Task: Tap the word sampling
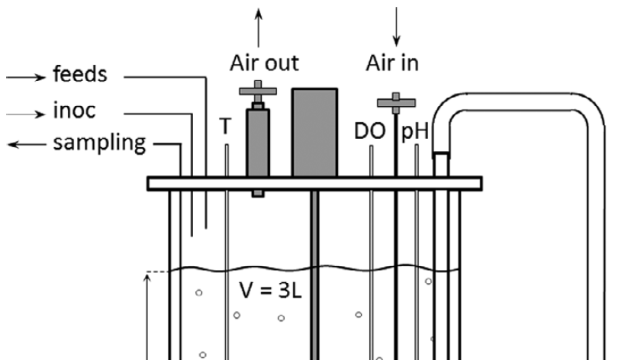pos(98,145)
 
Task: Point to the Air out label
pos(264,63)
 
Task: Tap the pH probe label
pos(417,133)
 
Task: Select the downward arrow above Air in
pos(396,23)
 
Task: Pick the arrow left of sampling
pos(23,145)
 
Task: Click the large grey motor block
pos(314,132)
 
